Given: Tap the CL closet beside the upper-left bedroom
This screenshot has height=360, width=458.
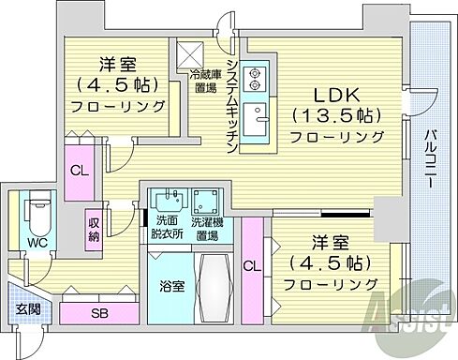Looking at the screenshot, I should tap(79, 171).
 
